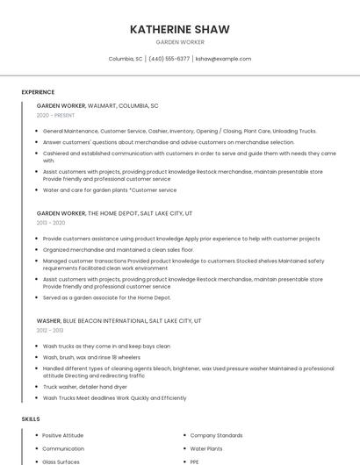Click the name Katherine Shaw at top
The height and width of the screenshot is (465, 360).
[x=180, y=29]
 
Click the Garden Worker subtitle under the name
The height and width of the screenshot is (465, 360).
[x=180, y=42]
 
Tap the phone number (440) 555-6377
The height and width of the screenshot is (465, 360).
[x=169, y=59]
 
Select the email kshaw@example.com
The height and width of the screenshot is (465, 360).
[x=223, y=59]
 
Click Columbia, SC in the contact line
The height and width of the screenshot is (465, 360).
[x=126, y=59]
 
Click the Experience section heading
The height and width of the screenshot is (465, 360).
[x=38, y=92]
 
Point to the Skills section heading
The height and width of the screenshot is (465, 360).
[x=30, y=419]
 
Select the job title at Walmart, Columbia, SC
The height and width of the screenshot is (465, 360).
[x=97, y=105]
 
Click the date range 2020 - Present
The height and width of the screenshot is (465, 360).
[x=55, y=115]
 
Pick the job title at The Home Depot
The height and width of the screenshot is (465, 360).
[x=114, y=213]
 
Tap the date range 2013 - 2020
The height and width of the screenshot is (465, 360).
[x=51, y=223]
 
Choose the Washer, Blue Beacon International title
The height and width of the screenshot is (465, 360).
[x=119, y=321]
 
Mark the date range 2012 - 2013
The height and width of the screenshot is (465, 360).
[x=50, y=331]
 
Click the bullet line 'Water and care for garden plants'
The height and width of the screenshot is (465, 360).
[x=110, y=190]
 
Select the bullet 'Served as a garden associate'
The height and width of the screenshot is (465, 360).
[x=106, y=297]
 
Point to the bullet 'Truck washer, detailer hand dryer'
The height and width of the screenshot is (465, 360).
[x=85, y=387]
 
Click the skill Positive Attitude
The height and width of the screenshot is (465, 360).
[x=62, y=435]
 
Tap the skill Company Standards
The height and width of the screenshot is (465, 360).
[x=216, y=435]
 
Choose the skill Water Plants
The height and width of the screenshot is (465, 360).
[x=207, y=448]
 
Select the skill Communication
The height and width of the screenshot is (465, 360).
[x=63, y=448]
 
